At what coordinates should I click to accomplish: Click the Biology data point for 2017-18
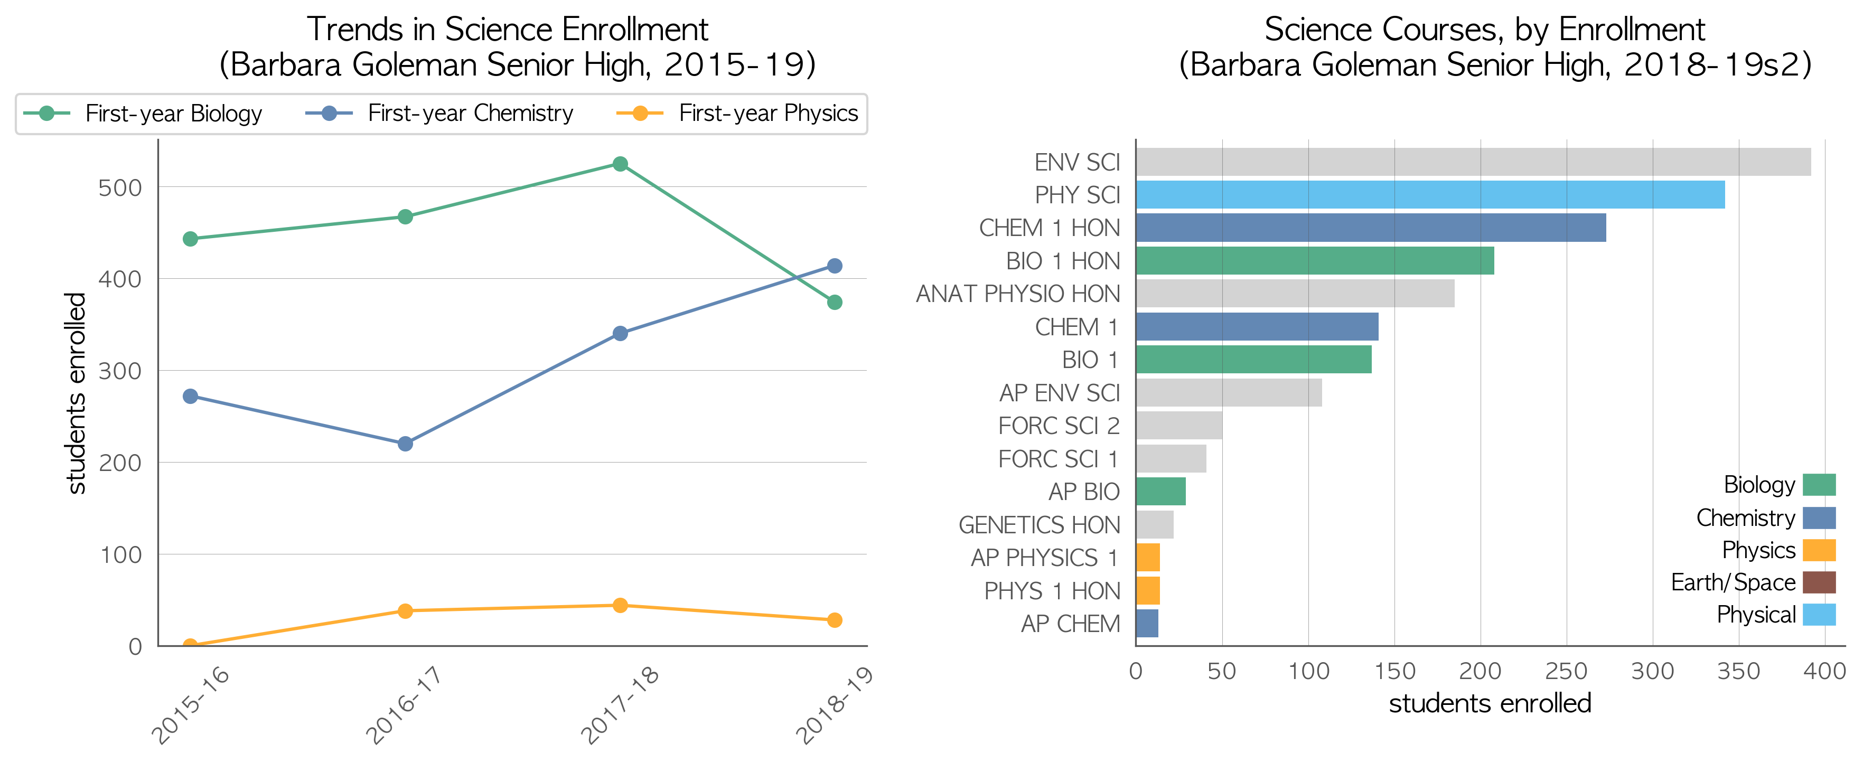[620, 164]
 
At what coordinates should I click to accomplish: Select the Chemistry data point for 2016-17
[405, 444]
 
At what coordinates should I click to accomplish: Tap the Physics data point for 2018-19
[834, 620]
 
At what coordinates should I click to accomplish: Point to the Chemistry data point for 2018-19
[834, 266]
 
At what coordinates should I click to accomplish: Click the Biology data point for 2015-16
[190, 239]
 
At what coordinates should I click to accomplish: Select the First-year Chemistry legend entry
[439, 114]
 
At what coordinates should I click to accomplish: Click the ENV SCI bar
[1473, 162]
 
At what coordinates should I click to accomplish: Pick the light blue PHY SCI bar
[1430, 194]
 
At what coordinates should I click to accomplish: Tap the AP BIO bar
[1161, 491]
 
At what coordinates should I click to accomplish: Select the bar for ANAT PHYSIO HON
[1295, 294]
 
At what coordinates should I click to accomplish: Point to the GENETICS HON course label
[1040, 525]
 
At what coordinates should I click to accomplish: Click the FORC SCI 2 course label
[1059, 426]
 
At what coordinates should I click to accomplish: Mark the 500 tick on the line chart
[120, 188]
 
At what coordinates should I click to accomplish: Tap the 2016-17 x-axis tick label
[403, 705]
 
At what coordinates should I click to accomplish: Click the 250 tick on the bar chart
[1567, 671]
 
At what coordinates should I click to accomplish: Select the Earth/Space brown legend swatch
[1819, 582]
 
